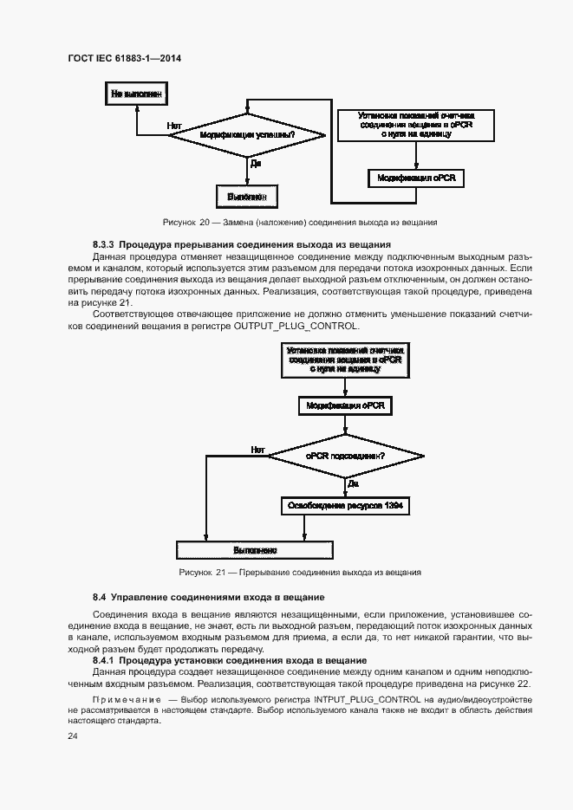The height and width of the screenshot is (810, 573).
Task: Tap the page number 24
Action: click(72, 735)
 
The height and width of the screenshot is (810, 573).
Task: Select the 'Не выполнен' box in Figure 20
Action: click(135, 92)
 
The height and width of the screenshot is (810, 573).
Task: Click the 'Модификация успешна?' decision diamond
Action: click(248, 135)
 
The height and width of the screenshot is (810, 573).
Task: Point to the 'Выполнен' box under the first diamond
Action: click(248, 196)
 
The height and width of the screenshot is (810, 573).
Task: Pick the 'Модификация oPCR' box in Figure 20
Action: click(416, 178)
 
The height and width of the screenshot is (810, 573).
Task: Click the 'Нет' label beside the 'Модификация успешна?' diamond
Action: click(173, 126)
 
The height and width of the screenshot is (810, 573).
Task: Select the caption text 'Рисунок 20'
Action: click(187, 222)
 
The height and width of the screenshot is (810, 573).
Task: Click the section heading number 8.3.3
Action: click(104, 245)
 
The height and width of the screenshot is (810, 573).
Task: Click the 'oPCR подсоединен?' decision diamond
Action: click(346, 455)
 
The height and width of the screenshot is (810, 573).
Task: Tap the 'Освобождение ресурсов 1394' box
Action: click(346, 505)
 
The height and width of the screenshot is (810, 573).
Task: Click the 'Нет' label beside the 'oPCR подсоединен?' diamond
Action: click(257, 449)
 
